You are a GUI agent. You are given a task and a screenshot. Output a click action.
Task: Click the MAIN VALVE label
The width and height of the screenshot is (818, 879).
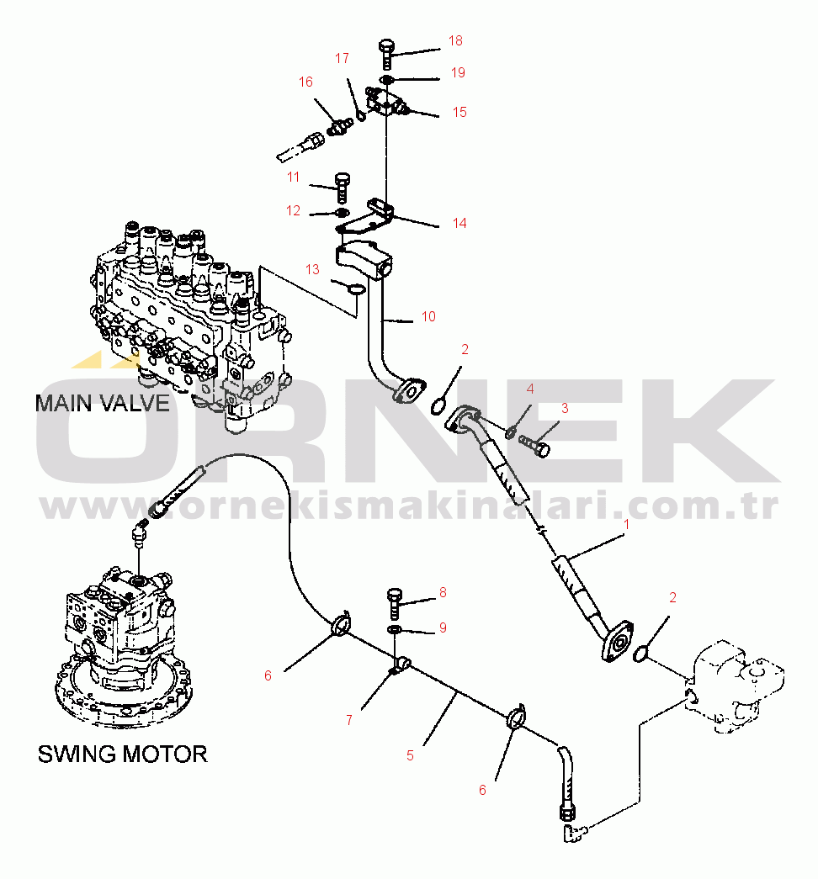click(102, 403)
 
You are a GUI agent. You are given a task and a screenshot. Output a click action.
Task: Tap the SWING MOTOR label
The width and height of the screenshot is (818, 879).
click(122, 754)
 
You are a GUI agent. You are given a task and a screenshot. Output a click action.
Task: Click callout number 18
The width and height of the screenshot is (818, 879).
click(455, 40)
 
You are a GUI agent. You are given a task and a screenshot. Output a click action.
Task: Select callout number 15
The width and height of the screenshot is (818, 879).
click(459, 112)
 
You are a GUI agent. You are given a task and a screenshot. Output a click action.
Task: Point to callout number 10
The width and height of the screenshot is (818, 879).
click(428, 316)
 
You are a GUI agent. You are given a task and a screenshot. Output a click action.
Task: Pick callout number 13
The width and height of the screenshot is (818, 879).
click(312, 269)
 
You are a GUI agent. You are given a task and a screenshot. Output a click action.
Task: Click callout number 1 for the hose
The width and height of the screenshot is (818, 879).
click(625, 524)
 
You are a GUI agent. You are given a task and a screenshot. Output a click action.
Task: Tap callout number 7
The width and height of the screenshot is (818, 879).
click(348, 720)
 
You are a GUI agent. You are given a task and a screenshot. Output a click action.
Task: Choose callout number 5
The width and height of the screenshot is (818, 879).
click(410, 755)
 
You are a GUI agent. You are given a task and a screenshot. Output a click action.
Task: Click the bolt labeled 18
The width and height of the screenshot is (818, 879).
click(386, 52)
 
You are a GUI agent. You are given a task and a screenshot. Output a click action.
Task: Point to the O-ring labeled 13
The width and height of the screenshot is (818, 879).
click(355, 289)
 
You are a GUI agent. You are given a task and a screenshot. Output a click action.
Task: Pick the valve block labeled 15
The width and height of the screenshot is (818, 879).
click(387, 101)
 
